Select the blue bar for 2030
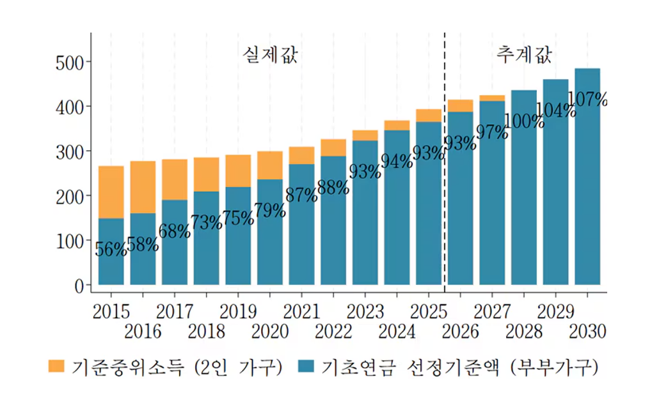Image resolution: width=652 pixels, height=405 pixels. (x=587, y=192)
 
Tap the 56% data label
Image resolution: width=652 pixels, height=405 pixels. (x=111, y=249)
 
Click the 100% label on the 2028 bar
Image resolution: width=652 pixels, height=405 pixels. (x=524, y=121)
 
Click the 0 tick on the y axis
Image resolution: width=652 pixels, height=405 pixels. (x=79, y=286)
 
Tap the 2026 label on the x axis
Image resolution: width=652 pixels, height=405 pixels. (x=460, y=332)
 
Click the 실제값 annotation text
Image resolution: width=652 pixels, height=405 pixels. (x=270, y=56)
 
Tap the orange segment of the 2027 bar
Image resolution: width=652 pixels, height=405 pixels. (x=492, y=98)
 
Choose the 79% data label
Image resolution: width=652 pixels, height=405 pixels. (x=270, y=210)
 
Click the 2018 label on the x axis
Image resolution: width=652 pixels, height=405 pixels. (x=207, y=332)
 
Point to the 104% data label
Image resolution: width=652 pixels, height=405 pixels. (x=555, y=110)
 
